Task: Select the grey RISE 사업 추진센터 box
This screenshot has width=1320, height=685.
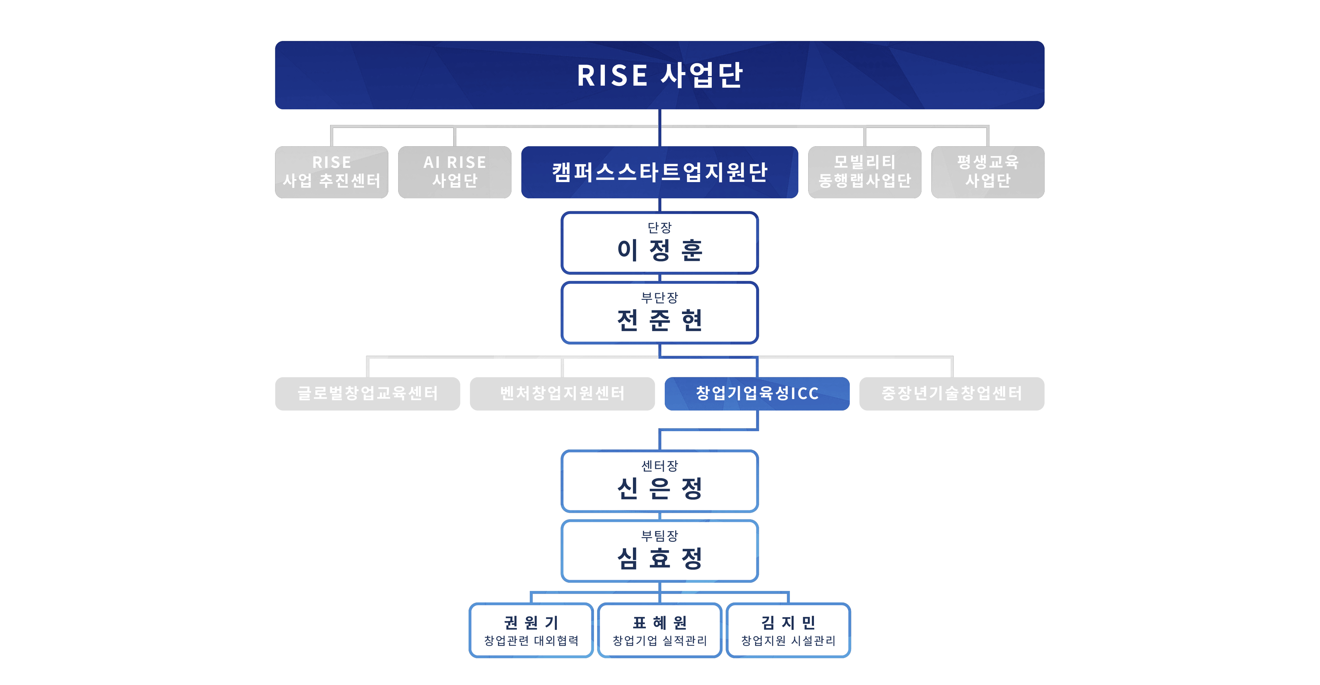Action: tap(332, 172)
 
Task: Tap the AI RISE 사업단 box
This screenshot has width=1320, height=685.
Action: tap(455, 172)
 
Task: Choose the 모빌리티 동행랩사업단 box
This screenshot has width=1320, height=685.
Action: tap(864, 172)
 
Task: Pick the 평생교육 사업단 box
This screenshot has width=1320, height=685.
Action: tap(987, 172)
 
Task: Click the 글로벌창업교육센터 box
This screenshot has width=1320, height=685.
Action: tap(367, 393)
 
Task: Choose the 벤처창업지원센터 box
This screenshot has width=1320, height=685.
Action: tap(562, 393)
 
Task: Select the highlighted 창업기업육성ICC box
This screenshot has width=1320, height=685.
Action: tap(757, 393)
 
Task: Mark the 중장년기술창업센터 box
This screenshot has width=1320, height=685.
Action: tap(952, 393)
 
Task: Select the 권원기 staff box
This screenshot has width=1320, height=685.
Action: tap(531, 630)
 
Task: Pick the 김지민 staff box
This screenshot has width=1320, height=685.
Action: tap(788, 630)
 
